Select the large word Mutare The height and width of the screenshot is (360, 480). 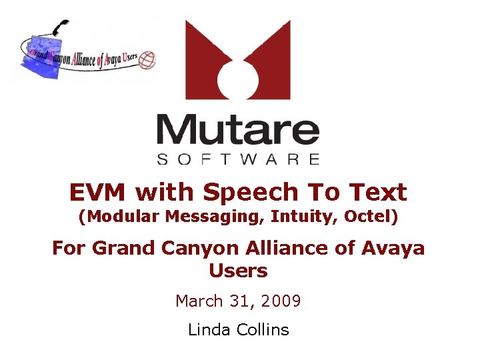(x=238, y=131)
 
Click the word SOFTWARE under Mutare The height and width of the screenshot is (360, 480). (x=238, y=159)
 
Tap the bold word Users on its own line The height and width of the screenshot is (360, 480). (x=238, y=271)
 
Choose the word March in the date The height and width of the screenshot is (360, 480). (x=199, y=301)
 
